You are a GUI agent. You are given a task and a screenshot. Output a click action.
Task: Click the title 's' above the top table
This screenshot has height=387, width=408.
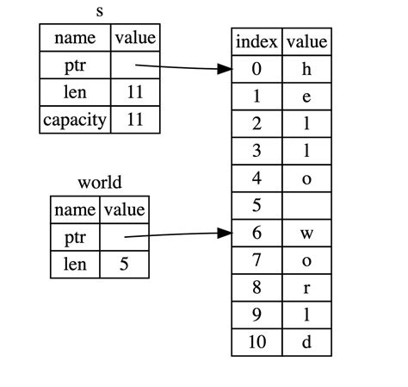pyautogui.click(x=99, y=12)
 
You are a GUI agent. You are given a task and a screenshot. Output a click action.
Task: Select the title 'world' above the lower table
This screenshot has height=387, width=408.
pyautogui.click(x=99, y=182)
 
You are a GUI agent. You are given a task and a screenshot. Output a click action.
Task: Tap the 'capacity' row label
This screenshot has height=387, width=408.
pyautogui.click(x=75, y=119)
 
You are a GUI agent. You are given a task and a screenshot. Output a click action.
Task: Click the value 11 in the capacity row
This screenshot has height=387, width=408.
pyautogui.click(x=134, y=119)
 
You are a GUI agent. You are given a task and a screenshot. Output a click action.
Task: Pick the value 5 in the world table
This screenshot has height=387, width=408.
pyautogui.click(x=124, y=264)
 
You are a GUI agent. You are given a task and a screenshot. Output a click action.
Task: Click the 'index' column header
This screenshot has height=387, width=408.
pyautogui.click(x=257, y=42)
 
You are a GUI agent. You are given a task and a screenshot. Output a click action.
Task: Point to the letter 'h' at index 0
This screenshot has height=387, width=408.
pyautogui.click(x=306, y=70)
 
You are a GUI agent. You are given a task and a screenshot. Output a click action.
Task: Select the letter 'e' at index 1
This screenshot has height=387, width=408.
pyautogui.click(x=306, y=97)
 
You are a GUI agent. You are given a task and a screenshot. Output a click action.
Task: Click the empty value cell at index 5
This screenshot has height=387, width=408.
pyautogui.click(x=306, y=206)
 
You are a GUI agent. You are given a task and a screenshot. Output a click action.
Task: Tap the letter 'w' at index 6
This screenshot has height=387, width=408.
pyautogui.click(x=306, y=233)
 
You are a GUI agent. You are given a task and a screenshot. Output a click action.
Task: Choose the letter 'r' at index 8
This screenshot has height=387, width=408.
pyautogui.click(x=306, y=287)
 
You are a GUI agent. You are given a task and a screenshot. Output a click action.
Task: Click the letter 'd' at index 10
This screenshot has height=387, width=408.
pyautogui.click(x=306, y=341)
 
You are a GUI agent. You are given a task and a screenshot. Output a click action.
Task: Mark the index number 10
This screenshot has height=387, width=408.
pyautogui.click(x=257, y=341)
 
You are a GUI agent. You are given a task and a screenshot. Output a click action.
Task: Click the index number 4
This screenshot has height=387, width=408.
pyautogui.click(x=257, y=178)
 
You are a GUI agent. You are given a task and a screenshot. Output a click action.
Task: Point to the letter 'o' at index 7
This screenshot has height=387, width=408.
pyautogui.click(x=306, y=260)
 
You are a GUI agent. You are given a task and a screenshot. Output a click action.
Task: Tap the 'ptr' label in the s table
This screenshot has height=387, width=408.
pyautogui.click(x=75, y=65)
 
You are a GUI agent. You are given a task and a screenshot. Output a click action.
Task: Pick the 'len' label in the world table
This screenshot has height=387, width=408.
pyautogui.click(x=75, y=264)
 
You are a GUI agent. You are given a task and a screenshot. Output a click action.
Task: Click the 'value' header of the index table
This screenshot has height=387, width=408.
pyautogui.click(x=306, y=42)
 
